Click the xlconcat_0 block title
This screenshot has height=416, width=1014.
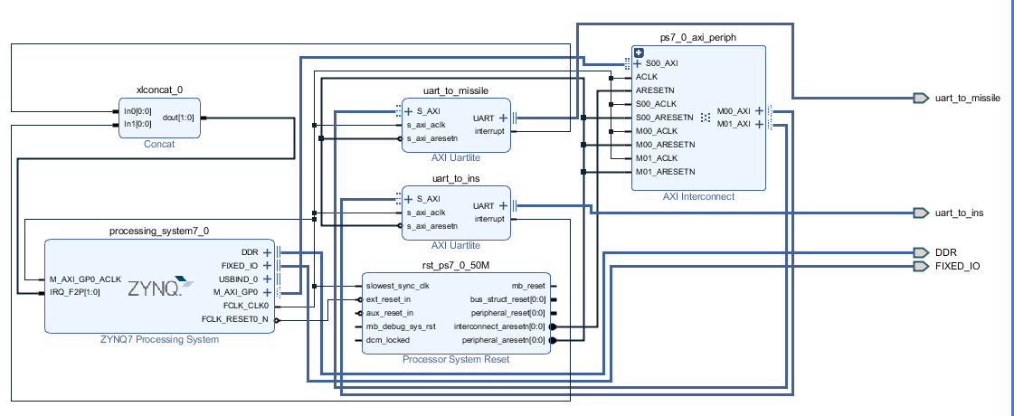coord(159,90)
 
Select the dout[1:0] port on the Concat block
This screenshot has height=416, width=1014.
coord(177,118)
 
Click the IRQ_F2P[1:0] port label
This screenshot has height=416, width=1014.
coord(75,293)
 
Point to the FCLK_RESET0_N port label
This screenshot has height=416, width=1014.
coord(235,319)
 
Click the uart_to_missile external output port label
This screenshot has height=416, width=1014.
coord(967,98)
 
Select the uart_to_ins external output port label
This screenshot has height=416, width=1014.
coord(959,213)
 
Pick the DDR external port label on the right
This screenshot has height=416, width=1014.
coord(945,252)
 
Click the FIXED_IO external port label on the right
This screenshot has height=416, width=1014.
coord(957,266)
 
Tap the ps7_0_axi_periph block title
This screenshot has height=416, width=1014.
coord(697,38)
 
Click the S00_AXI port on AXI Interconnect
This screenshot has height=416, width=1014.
coord(661,64)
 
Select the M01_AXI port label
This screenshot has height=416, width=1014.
coord(733,124)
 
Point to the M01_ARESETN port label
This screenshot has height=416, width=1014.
coord(665,172)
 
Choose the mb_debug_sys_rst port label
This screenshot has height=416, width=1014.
coord(401,326)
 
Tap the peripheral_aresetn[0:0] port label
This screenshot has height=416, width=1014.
coord(504,340)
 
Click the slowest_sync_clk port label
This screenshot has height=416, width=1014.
coord(399,286)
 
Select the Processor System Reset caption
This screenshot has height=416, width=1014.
coord(455,360)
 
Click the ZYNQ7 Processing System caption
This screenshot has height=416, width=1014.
coord(159,340)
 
